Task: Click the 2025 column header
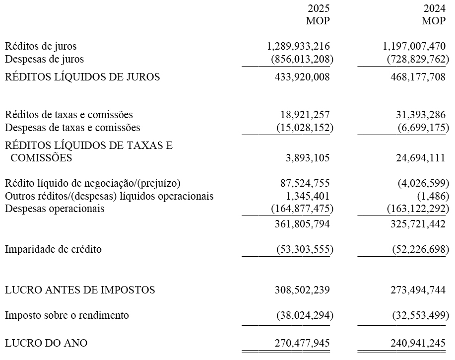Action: click(318, 8)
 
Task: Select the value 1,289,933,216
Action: click(298, 47)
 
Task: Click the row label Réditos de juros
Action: click(41, 47)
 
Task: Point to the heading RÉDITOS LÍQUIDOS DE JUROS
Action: click(82, 77)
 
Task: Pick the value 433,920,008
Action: click(302, 77)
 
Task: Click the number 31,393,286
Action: click(418, 115)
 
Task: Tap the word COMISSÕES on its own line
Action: click(41, 158)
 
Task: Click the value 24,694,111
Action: click(418, 158)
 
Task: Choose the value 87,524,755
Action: click(302, 183)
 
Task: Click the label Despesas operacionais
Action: click(55, 209)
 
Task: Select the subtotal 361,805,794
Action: click(302, 224)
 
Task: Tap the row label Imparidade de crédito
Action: click(53, 249)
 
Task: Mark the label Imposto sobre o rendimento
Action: click(67, 315)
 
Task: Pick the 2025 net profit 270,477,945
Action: click(302, 343)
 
